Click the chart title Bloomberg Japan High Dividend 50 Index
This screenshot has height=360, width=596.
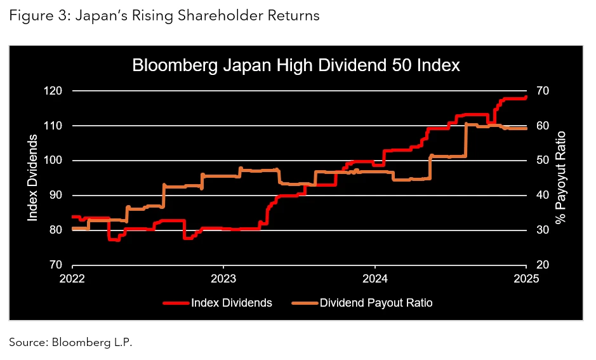coord(295,65)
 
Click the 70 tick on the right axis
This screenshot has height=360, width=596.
coord(543,91)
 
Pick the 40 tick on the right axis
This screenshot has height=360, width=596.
coord(543,196)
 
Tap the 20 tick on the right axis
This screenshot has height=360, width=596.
coord(543,265)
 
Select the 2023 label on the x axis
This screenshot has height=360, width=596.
coord(223,278)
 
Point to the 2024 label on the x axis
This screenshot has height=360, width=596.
coord(374,278)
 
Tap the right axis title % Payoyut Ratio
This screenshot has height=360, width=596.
coord(560,178)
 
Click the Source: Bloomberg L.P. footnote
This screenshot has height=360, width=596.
coord(70,342)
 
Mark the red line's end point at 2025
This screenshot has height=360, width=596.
coord(525,98)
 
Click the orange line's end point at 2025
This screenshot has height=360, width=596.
coord(525,128)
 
